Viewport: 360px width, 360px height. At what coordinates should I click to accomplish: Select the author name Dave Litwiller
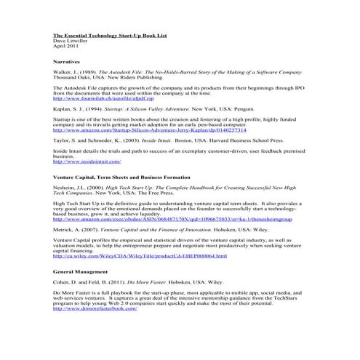(71, 40)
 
